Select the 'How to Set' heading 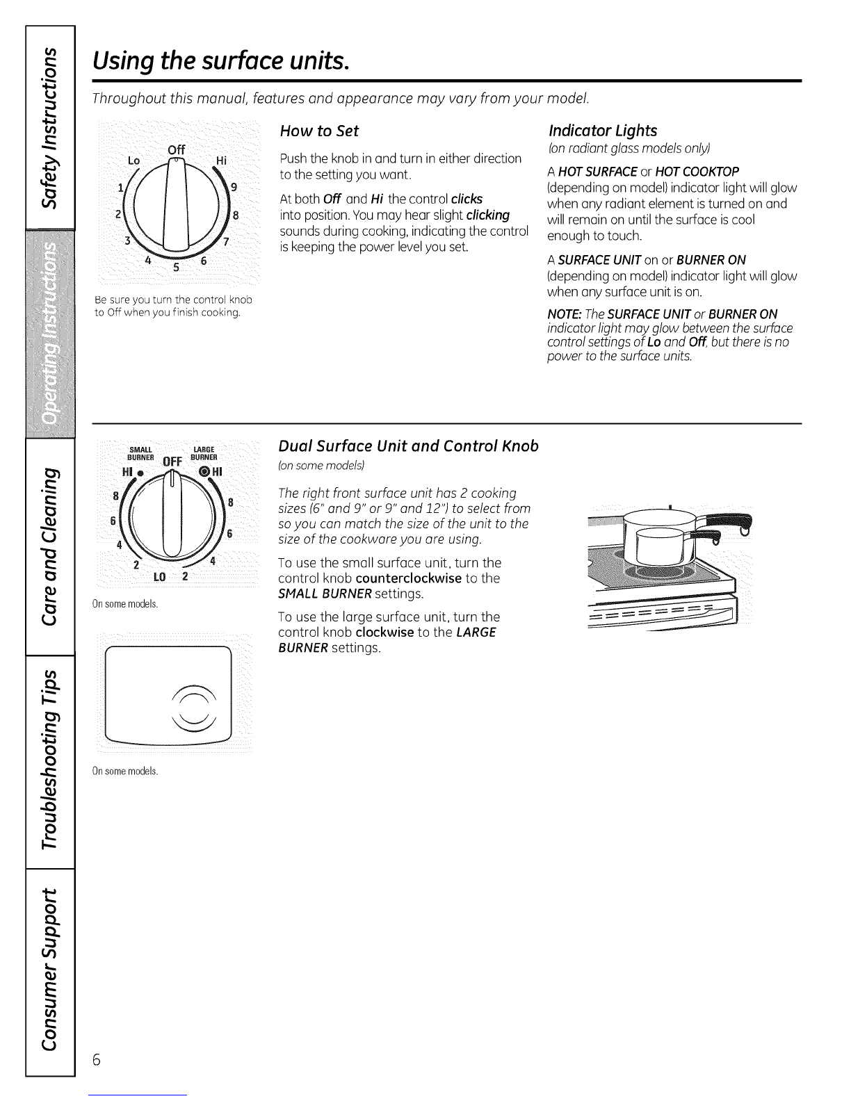coord(318,131)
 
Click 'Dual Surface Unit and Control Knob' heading coord(407,446)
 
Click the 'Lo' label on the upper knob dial coord(134,160)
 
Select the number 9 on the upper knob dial coord(233,186)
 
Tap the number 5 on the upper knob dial coord(175,269)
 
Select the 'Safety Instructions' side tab coord(49,128)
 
